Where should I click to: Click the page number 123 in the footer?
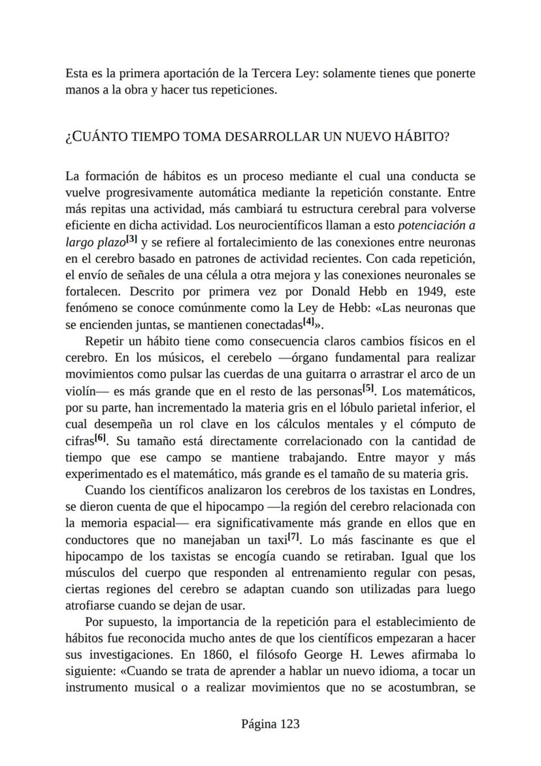pos(289,723)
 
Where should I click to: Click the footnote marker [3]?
pos(131,239)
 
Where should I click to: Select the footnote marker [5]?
pos(368,389)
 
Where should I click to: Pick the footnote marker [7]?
pos(294,538)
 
